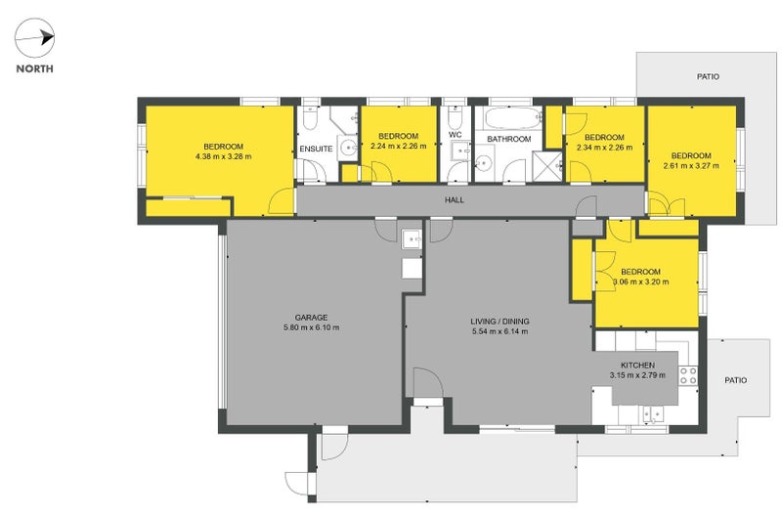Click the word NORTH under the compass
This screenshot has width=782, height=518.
[34, 69]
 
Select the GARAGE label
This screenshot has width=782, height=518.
[311, 317]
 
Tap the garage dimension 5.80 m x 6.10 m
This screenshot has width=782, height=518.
[311, 327]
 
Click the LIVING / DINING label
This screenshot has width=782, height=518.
[499, 321]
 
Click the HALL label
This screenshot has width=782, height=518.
[454, 200]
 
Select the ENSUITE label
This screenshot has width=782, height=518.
[316, 150]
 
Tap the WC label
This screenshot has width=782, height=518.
[455, 135]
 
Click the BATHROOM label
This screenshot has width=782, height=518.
[509, 140]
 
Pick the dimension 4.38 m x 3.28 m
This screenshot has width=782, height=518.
[223, 156]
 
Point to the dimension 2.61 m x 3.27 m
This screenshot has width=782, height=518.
[690, 166]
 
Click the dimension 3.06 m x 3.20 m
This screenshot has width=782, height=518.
[640, 282]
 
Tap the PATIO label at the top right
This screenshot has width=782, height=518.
[708, 75]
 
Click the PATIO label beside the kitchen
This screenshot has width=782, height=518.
[734, 380]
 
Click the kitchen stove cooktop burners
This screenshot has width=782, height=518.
[688, 371]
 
